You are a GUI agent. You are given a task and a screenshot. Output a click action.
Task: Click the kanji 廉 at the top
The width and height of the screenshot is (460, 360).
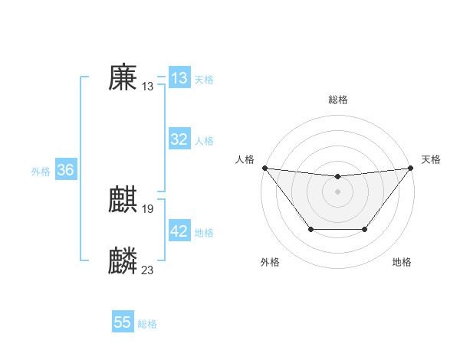coord(123,78)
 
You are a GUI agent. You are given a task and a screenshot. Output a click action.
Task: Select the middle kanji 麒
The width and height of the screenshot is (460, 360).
coord(123,201)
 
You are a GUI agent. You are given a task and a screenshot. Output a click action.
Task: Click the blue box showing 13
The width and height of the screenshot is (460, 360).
coord(179,78)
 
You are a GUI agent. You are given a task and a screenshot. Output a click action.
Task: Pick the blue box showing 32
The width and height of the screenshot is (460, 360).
coord(179,139)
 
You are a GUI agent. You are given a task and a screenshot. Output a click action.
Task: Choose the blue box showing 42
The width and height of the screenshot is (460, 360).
coord(179,231)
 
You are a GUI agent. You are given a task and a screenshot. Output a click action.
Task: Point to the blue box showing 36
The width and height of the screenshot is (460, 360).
coord(65,170)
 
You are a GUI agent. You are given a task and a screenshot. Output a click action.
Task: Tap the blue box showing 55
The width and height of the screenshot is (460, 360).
coord(123,322)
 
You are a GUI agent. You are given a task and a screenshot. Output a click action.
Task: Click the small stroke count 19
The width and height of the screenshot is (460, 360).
coord(148,208)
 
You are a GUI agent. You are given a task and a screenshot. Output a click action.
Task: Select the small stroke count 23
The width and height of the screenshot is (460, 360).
coord(148,270)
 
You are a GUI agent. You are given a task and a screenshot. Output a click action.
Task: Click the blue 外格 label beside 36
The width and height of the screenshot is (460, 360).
coord(41,172)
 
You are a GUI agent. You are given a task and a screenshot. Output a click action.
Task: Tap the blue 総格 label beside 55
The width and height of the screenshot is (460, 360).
coord(147,324)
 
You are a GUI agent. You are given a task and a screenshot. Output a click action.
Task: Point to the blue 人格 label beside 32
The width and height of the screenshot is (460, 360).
coord(204,141)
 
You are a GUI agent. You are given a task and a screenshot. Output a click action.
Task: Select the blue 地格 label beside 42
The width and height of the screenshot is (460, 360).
coord(204,233)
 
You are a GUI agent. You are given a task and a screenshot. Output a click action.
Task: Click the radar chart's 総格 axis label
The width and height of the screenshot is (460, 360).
coord(337,100)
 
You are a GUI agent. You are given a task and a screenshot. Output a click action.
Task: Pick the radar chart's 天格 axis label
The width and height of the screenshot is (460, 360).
coord(431,159)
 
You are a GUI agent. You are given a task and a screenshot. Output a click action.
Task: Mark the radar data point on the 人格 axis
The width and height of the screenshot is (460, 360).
coord(264,168)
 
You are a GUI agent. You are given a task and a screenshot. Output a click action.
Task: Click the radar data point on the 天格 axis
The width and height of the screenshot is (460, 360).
coord(410,168)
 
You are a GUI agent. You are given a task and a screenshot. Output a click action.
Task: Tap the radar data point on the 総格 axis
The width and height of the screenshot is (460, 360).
coord(337,177)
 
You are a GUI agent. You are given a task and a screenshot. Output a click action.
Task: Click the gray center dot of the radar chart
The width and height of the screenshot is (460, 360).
coord(337,191)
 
